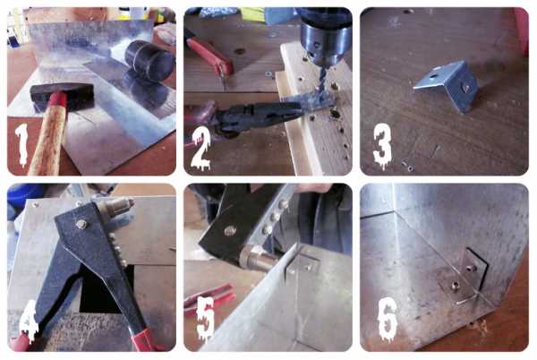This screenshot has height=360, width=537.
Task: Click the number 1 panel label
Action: coord(21,144)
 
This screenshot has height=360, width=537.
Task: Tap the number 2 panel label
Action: coord(201,149)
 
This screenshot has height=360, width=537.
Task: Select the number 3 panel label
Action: coord(382,146)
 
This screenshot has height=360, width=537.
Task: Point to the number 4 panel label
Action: coord(29,321)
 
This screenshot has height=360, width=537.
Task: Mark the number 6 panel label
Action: coord(388,318)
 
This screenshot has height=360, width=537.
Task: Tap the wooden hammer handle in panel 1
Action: coord(49,136)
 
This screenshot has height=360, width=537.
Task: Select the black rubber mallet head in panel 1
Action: coord(149,61)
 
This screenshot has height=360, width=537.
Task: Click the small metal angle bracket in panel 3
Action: coord(447,86)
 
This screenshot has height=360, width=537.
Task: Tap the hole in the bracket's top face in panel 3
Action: coord(433,75)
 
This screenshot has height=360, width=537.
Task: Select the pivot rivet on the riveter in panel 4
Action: coord(81,224)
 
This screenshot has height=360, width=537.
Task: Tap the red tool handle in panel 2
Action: coord(209,56)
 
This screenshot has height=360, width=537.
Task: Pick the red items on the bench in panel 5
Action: coord(209,297)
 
